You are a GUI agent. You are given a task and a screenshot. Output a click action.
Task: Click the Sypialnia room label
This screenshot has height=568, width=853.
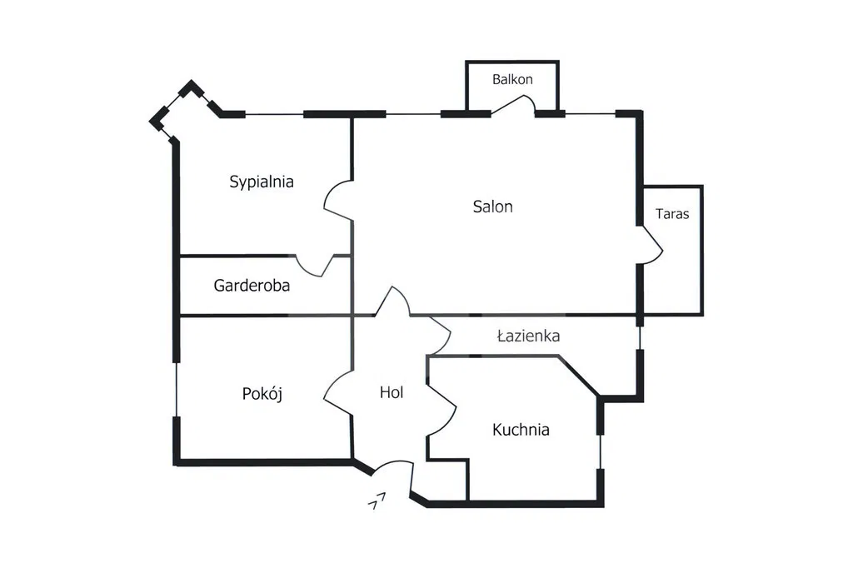point(261,182)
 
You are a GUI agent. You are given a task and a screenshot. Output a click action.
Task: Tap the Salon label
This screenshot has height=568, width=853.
point(493,207)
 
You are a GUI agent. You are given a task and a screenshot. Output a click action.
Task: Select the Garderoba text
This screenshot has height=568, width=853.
point(252,286)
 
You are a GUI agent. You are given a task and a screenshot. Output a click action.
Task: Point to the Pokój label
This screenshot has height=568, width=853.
point(262,393)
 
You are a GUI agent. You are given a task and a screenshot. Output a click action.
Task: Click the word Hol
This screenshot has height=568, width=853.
point(392,392)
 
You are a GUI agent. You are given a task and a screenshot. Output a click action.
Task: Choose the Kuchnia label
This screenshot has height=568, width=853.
point(521,430)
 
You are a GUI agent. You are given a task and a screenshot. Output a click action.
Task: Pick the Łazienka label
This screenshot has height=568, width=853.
point(529,336)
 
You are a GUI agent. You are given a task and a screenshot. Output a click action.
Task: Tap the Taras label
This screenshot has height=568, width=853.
point(672,214)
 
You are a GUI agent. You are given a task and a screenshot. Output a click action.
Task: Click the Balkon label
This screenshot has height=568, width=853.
point(512,79)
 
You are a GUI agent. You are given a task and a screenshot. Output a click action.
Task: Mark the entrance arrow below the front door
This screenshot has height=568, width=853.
point(377,501)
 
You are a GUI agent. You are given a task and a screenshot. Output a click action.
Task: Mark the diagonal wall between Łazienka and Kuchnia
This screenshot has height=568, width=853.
point(578,376)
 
